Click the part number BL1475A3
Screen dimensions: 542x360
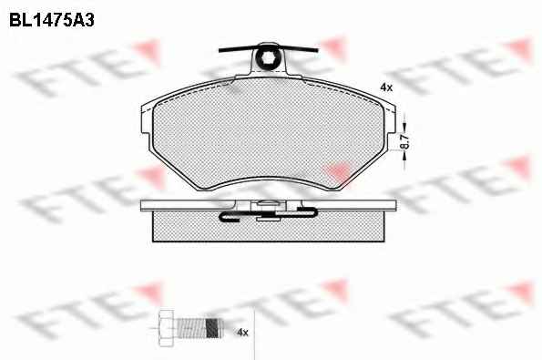pyautogui.click(x=52, y=20)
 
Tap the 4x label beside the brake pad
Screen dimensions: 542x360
pyautogui.click(x=386, y=87)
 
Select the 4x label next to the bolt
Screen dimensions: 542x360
pyautogui.click(x=242, y=333)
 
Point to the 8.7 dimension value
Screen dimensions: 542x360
pyautogui.click(x=405, y=142)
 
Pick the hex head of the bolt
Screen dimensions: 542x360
pyautogui.click(x=168, y=328)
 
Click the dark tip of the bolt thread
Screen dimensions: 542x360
pyautogui.click(x=214, y=327)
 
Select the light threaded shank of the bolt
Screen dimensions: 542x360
pyautogui.click(x=191, y=327)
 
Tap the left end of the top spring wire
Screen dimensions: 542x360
pyautogui.click(x=220, y=51)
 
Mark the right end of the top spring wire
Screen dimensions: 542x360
pyautogui.click(x=317, y=50)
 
